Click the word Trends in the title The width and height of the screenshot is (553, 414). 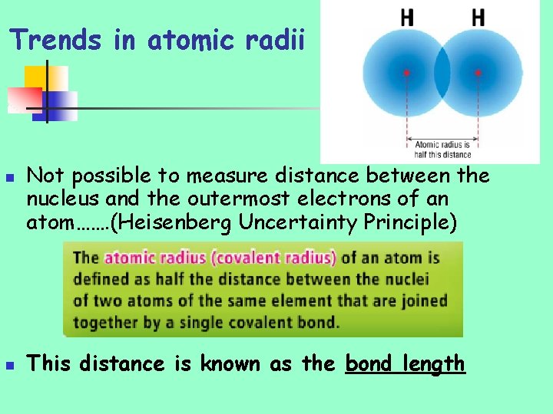tap(55, 39)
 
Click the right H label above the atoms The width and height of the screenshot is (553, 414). tap(478, 18)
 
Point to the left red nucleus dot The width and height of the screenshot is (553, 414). tap(406, 73)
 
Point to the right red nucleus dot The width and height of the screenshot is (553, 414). tap(478, 73)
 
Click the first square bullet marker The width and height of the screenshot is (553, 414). tap(10, 177)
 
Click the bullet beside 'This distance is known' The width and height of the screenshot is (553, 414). tap(10, 365)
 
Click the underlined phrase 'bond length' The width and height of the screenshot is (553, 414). tap(406, 363)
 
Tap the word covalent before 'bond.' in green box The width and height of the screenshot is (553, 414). tap(262, 321)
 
